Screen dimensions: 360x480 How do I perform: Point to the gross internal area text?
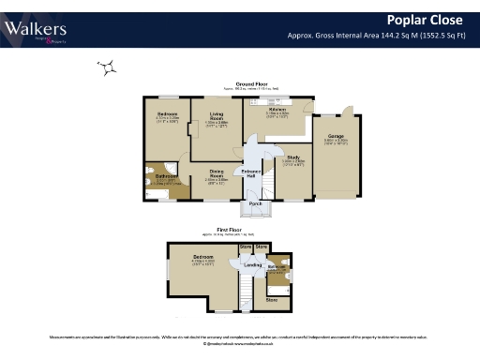pos(381,36)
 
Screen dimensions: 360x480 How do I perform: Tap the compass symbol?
pos(109,67)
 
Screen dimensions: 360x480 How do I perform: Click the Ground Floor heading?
pos(250,84)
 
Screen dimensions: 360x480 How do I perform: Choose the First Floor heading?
pos(229,228)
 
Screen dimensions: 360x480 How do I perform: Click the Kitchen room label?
pos(277,110)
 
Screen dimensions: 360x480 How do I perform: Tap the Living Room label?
pos(216,118)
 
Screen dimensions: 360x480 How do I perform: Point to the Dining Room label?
pos(215,172)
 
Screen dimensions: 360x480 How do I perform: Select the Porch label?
pos(253,203)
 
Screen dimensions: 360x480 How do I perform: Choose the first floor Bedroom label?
pos(202,255)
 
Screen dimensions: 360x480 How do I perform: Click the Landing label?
pos(252,265)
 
